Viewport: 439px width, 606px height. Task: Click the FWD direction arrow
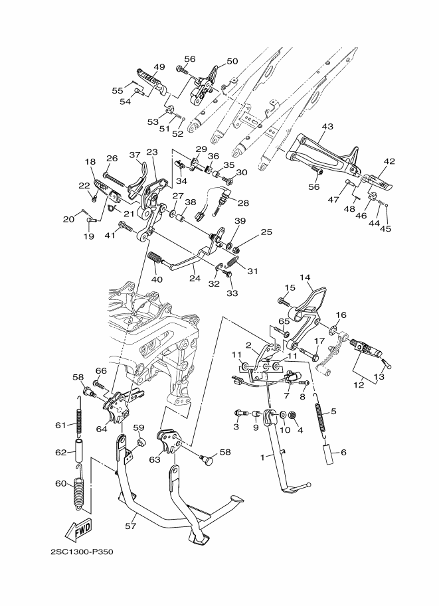(79, 529)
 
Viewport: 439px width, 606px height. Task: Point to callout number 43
(327, 126)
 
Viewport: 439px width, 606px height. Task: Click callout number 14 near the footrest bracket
(305, 277)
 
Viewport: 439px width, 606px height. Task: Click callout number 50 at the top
(232, 61)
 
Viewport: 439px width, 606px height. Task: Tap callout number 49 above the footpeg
(159, 67)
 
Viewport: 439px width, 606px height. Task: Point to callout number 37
(135, 155)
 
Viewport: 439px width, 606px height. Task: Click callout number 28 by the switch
(243, 203)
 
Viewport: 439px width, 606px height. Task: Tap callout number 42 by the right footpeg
(389, 161)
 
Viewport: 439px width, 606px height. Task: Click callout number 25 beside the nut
(266, 232)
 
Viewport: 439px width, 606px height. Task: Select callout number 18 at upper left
(90, 162)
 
